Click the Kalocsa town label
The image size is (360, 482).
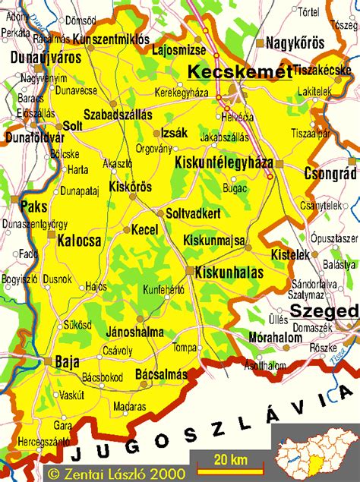[x=79, y=241]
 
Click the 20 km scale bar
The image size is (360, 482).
[x=223, y=461]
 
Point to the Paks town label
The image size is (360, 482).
[x=33, y=206]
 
